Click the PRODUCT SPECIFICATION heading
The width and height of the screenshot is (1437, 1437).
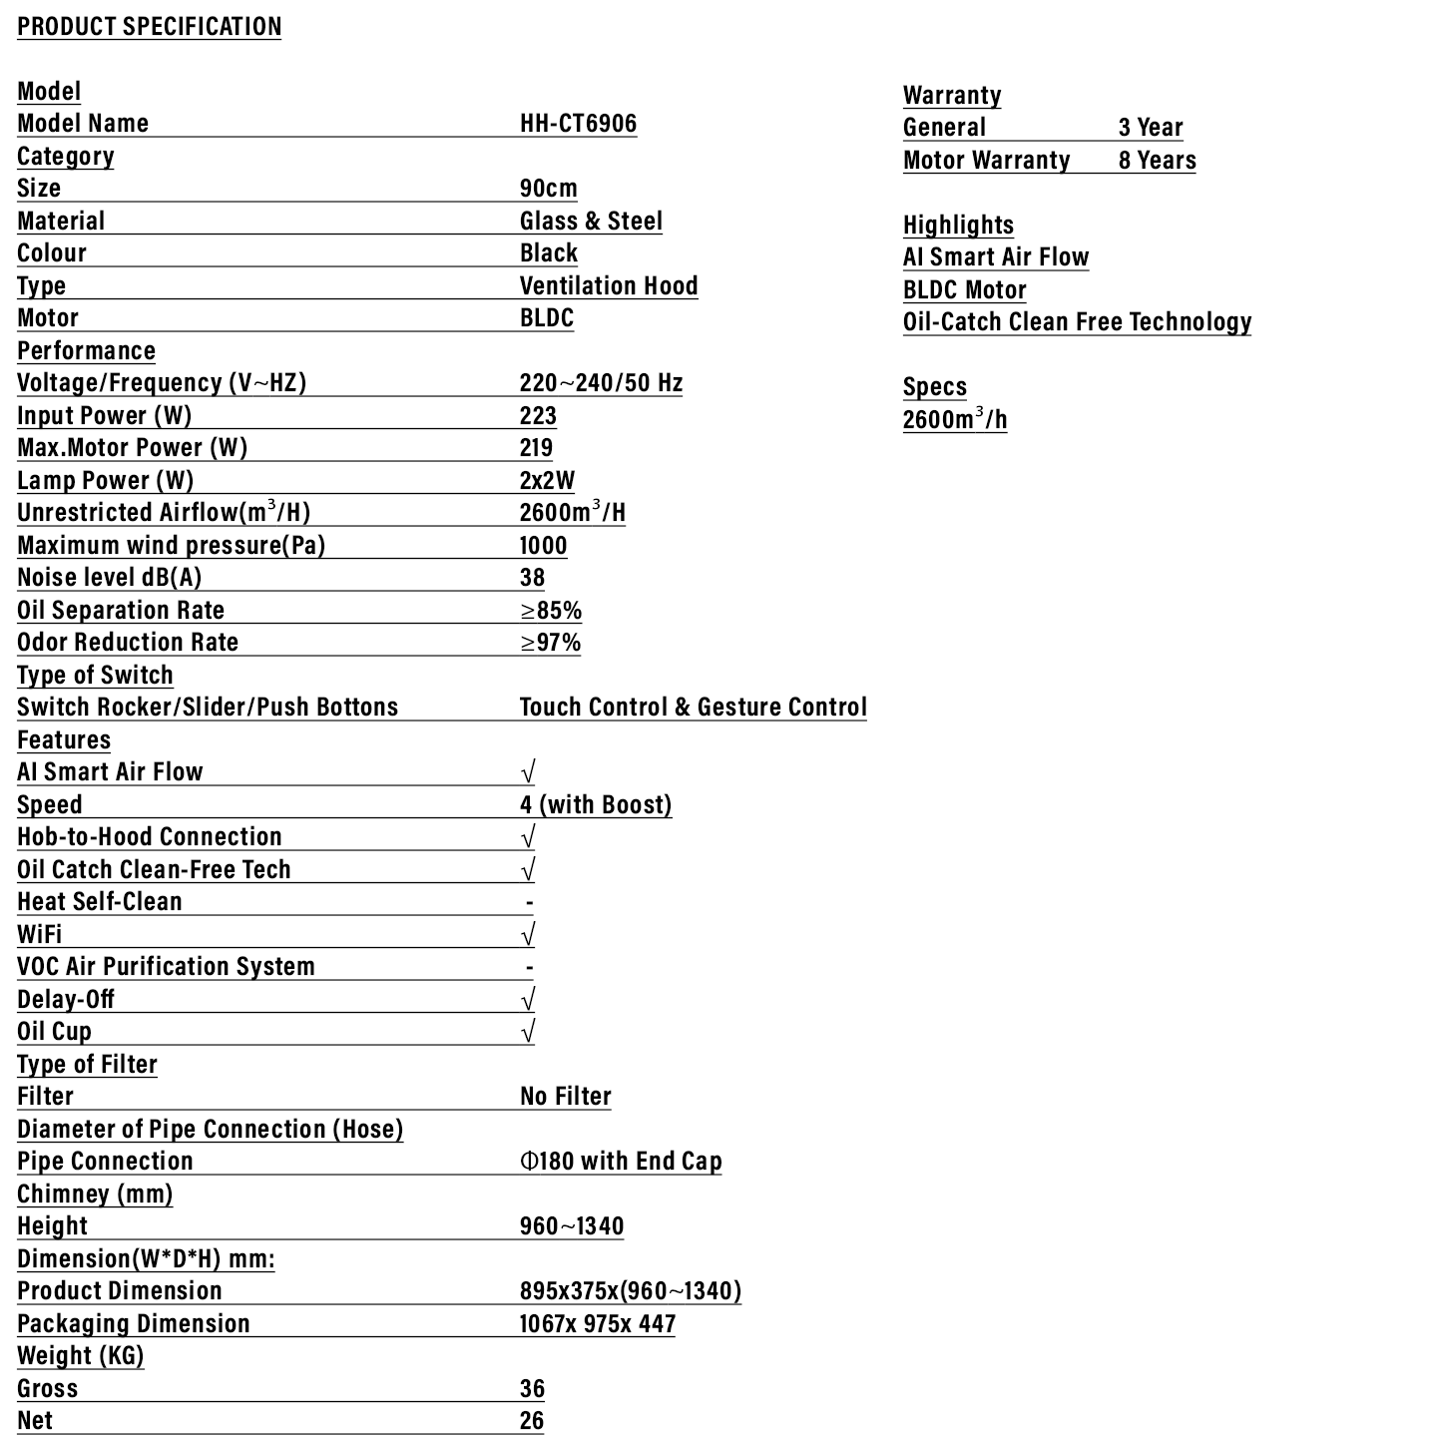150,27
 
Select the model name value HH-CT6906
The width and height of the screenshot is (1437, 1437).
578,124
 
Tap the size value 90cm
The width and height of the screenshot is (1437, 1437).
548,189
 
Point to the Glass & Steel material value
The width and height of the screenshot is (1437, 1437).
591,221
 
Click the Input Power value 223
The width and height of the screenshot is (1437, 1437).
538,415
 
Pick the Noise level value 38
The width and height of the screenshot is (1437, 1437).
532,578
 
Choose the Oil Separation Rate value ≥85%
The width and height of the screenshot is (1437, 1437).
551,610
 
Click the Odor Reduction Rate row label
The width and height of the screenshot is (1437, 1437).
128,642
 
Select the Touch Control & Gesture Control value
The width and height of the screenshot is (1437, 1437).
693,707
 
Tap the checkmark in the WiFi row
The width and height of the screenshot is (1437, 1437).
528,934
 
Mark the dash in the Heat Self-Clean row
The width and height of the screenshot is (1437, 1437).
529,902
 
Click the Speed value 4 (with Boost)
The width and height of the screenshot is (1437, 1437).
596,804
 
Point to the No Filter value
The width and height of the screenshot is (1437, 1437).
565,1096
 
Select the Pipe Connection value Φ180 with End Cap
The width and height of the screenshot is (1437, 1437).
621,1161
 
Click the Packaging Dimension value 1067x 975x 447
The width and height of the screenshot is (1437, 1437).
597,1323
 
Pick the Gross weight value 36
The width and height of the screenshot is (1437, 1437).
532,1388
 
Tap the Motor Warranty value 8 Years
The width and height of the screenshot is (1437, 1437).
1157,161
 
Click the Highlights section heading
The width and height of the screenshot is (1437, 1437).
958,225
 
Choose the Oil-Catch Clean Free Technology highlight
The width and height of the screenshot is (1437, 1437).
1077,321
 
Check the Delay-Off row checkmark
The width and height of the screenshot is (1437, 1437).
528,999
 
